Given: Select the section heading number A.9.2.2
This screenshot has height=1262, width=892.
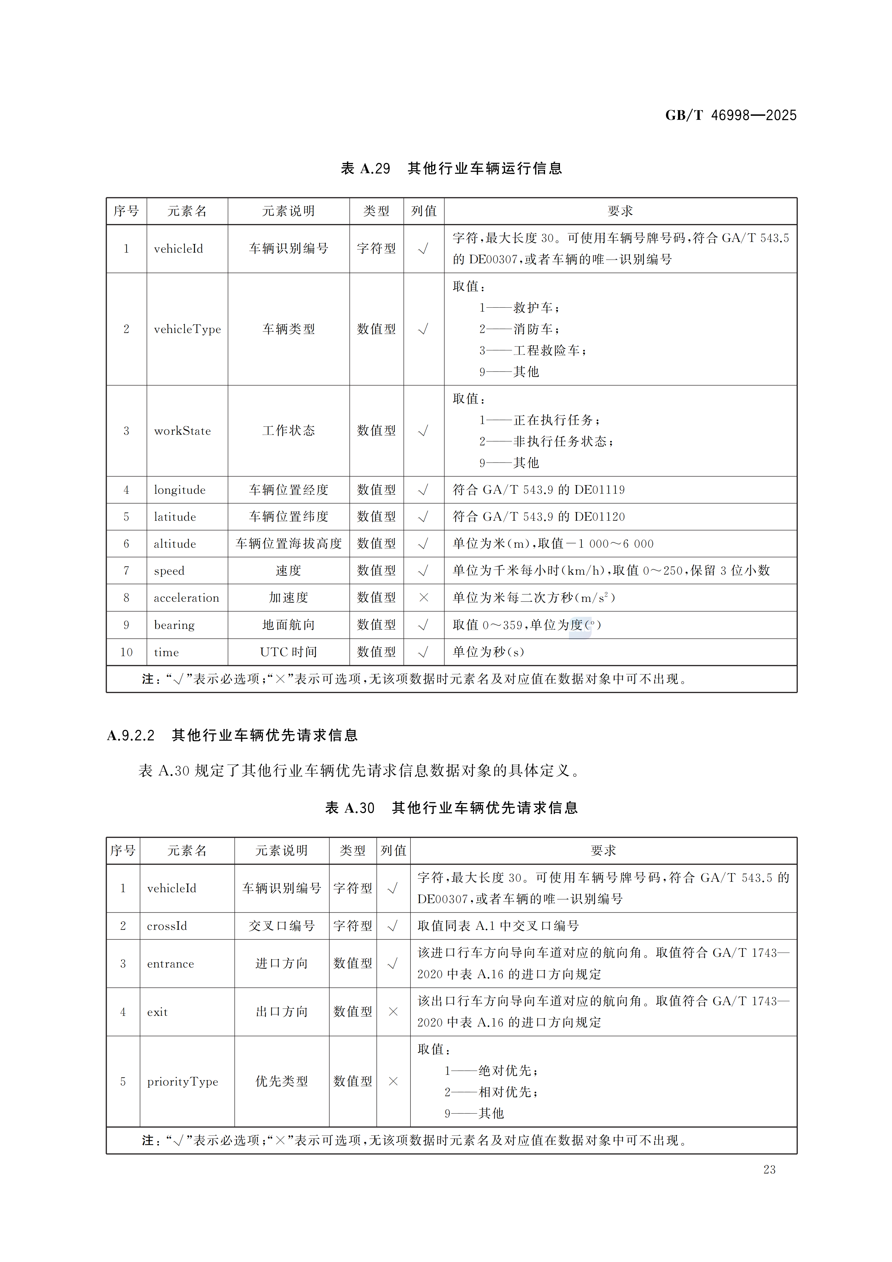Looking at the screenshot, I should (131, 735).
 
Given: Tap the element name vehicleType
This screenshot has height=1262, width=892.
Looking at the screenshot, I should (187, 329).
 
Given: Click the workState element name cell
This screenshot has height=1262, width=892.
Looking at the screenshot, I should (182, 431).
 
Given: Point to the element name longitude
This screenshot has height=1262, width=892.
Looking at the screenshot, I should (179, 490).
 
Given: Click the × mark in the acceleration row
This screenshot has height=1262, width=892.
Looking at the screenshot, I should (423, 597).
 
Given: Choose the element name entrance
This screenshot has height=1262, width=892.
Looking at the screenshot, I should (170, 964).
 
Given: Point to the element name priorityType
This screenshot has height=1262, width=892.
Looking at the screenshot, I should (182, 1082).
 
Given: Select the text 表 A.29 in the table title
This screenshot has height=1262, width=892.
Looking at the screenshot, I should (366, 168).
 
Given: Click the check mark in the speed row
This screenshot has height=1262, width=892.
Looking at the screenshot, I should (423, 570).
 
